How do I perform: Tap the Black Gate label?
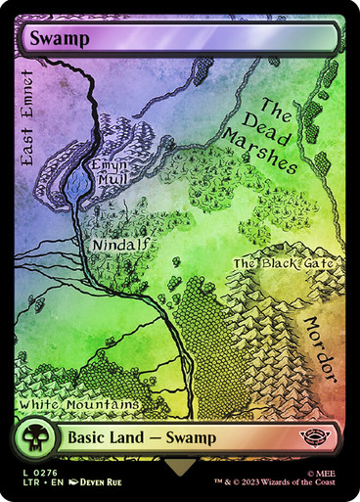click(x=284, y=263)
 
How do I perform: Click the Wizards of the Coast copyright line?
click(x=279, y=483)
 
